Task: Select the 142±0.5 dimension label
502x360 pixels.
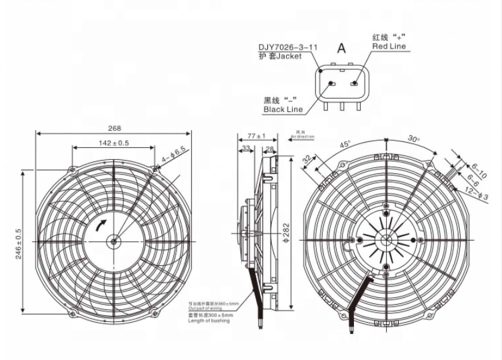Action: pyautogui.click(x=113, y=143)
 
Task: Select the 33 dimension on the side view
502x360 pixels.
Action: pyautogui.click(x=246, y=148)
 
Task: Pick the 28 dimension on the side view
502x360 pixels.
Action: pyautogui.click(x=270, y=148)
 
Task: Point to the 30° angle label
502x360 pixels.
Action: pyautogui.click(x=414, y=139)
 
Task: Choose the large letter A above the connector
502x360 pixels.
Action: pyautogui.click(x=341, y=48)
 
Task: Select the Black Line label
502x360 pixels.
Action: pyautogui.click(x=283, y=109)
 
